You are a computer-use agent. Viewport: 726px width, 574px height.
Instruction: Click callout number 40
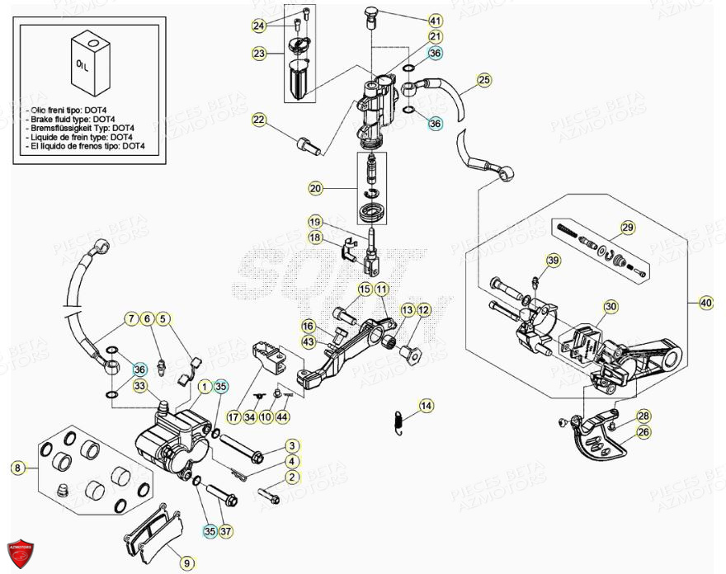click(705, 303)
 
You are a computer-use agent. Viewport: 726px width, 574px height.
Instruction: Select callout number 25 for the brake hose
click(484, 80)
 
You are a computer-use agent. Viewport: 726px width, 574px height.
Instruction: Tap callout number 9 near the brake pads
click(187, 562)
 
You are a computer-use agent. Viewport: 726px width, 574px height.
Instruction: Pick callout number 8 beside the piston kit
click(16, 468)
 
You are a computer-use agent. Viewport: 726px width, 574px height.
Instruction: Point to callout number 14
click(425, 406)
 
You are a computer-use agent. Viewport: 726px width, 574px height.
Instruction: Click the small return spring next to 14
click(398, 420)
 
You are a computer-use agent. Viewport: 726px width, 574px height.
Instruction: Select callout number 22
click(259, 121)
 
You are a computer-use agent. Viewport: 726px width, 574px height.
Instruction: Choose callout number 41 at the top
click(435, 20)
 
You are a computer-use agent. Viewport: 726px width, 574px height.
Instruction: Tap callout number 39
click(553, 261)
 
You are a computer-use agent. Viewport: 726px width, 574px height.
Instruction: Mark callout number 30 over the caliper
click(610, 307)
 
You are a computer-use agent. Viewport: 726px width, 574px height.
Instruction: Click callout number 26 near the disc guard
click(643, 431)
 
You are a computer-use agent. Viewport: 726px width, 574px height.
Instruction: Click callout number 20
click(315, 189)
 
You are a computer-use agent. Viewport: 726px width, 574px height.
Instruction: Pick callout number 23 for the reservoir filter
click(259, 54)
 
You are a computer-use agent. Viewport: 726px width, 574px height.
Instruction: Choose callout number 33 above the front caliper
click(140, 385)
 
